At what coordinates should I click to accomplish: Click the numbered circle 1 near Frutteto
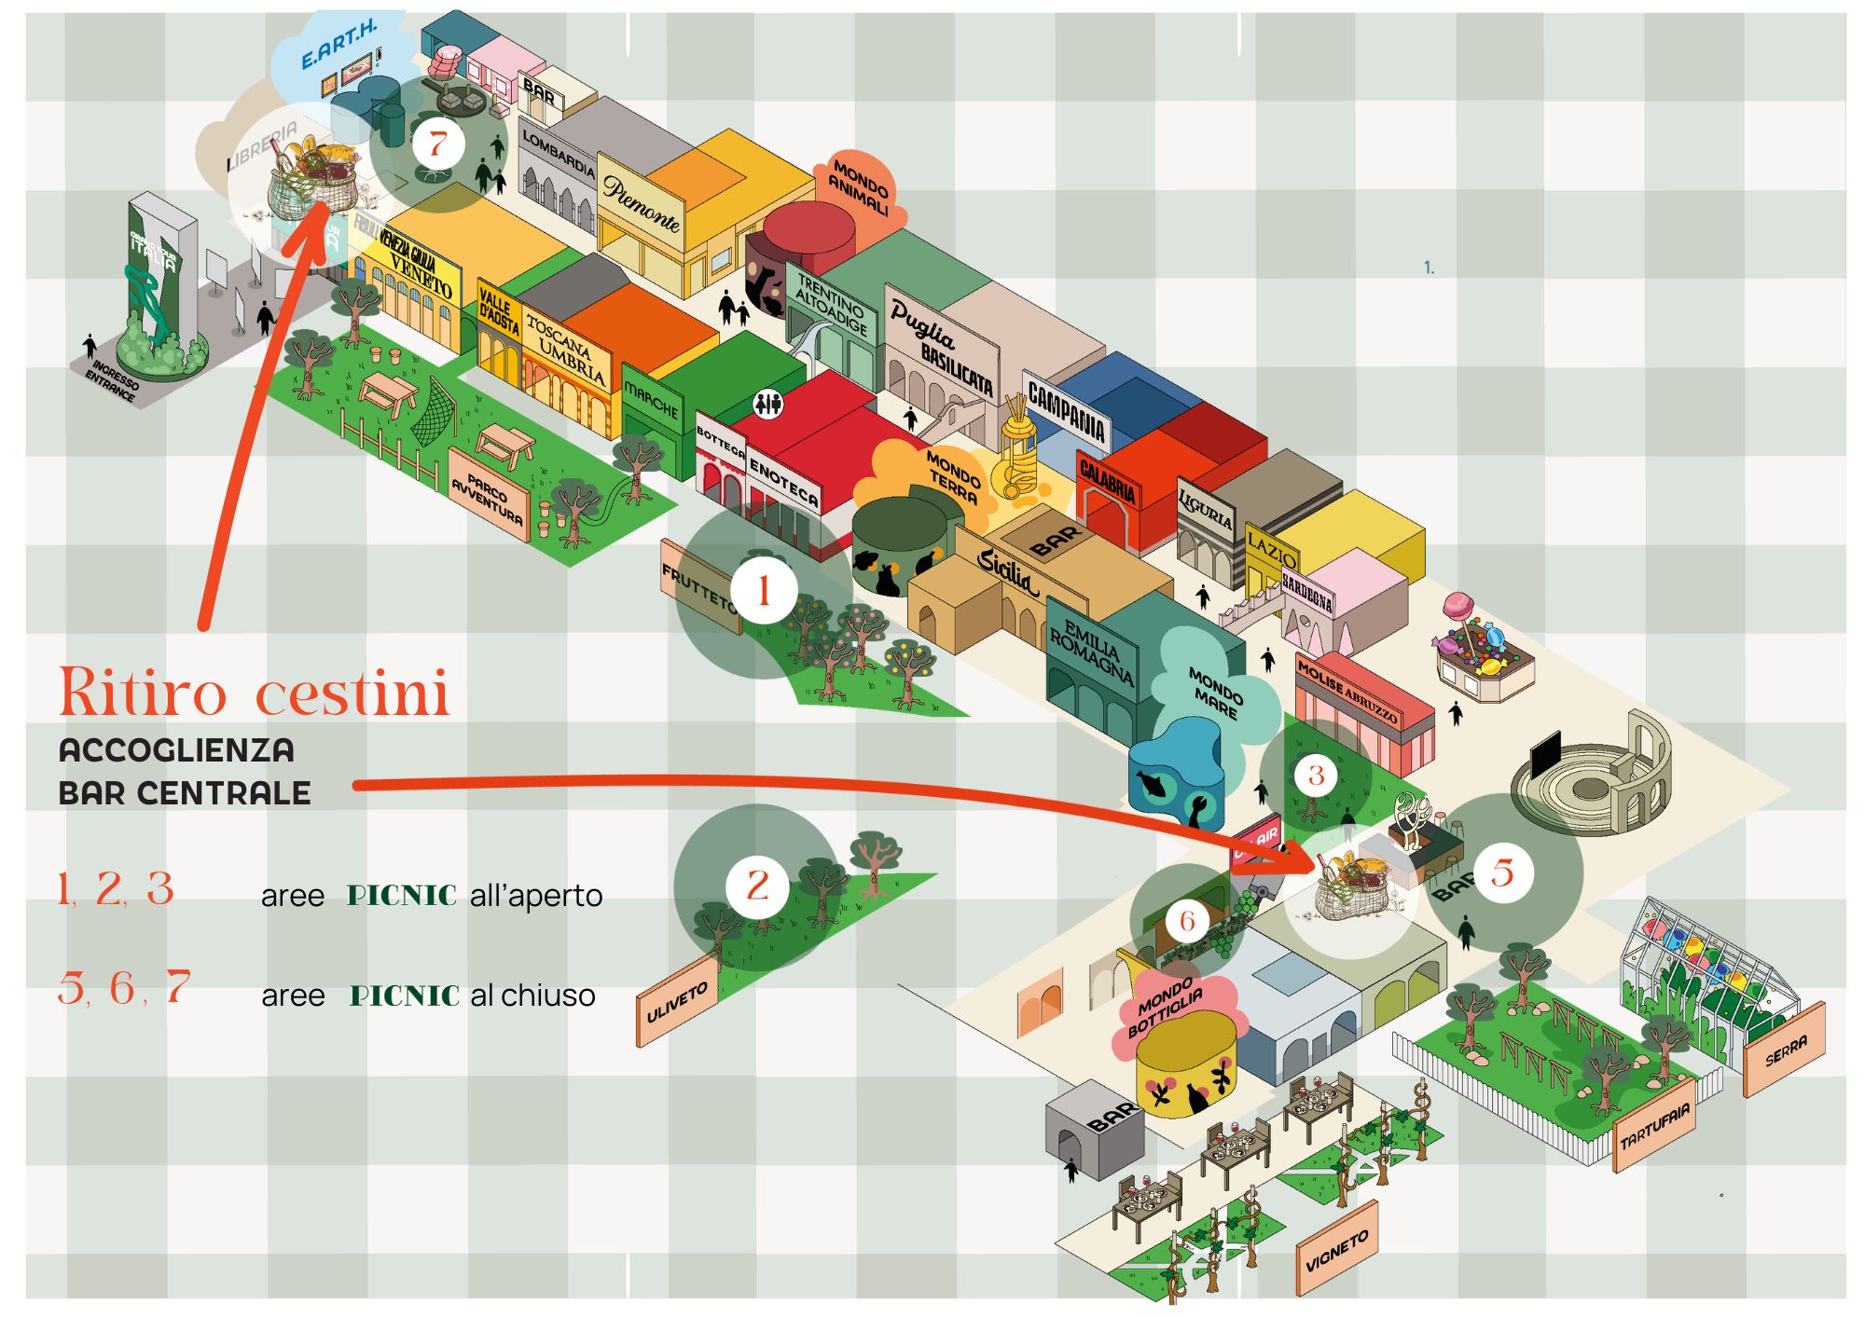point(764,590)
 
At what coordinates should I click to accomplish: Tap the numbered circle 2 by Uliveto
point(758,885)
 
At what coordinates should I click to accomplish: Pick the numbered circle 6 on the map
point(1187,921)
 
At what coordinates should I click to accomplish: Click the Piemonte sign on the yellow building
point(642,204)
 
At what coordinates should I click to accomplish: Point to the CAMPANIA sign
point(1066,411)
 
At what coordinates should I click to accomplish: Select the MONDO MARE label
point(1215,692)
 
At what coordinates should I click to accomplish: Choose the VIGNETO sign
point(1336,1251)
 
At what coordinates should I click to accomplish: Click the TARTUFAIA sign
point(1654,1126)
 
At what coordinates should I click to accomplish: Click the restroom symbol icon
point(768,404)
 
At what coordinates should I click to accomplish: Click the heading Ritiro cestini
point(254,693)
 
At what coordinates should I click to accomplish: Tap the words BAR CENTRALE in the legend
point(185,792)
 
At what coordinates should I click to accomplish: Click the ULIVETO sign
point(677,1002)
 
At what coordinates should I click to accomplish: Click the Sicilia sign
point(1005,569)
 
